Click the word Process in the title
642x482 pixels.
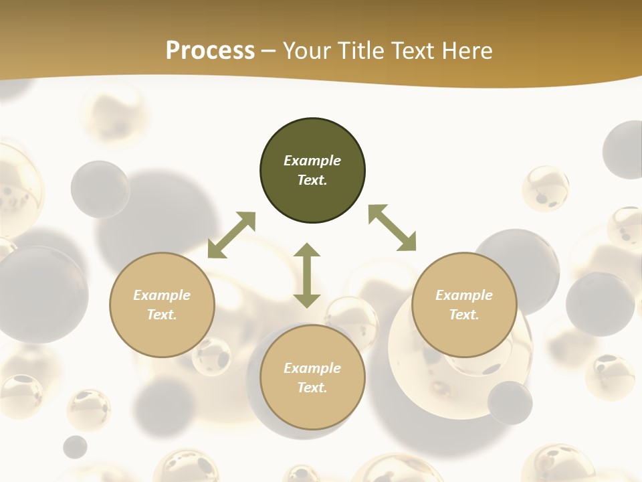pos(210,51)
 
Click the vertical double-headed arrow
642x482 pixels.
pos(307,275)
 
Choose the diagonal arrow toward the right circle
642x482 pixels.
pos(393,228)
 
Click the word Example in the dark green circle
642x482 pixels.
pos(312,161)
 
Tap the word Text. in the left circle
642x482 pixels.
pos(162,315)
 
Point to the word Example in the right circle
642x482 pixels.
pos(464,295)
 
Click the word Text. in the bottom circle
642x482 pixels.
pos(312,388)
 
